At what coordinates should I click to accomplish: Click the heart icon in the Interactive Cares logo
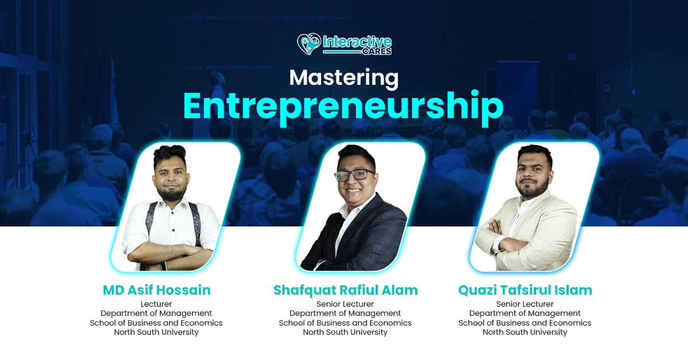pos(309,44)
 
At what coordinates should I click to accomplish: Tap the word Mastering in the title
pos(343,79)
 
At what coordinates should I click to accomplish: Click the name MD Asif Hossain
pos(157,290)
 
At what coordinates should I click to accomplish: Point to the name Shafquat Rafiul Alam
pos(346,291)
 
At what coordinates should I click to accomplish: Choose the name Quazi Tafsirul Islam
pos(525,290)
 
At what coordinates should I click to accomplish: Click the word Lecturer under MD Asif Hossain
pos(157,304)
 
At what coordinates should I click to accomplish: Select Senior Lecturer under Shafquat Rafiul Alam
pos(345,304)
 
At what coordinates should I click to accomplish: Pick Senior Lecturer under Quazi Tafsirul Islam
pos(525,304)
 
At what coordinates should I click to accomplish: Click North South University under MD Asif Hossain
pos(157,332)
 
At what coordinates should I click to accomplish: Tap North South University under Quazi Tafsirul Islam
pos(525,332)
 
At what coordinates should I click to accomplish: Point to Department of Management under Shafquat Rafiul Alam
pos(345,314)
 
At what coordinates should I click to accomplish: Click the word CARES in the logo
pos(377,52)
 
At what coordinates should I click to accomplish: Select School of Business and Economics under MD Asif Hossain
pos(157,323)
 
